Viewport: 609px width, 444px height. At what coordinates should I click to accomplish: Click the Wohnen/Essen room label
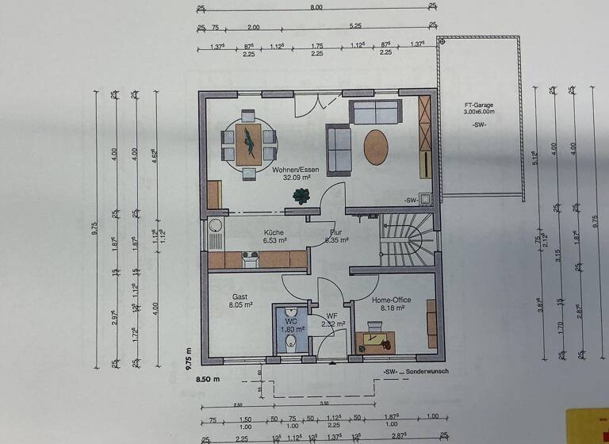(295, 170)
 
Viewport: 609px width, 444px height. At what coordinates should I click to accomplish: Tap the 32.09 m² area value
(295, 178)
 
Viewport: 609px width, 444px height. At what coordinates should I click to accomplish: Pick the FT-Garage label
(480, 105)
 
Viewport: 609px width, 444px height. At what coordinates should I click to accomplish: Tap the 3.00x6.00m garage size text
(480, 113)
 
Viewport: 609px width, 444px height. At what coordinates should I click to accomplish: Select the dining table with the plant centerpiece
(249, 144)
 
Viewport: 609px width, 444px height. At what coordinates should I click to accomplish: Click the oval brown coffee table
(377, 147)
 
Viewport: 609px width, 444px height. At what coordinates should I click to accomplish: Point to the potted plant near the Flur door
(301, 196)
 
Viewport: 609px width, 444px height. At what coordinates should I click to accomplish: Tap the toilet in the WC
(291, 342)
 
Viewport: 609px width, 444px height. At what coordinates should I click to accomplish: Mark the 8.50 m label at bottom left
(207, 381)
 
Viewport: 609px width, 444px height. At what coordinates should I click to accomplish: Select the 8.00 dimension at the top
(316, 7)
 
